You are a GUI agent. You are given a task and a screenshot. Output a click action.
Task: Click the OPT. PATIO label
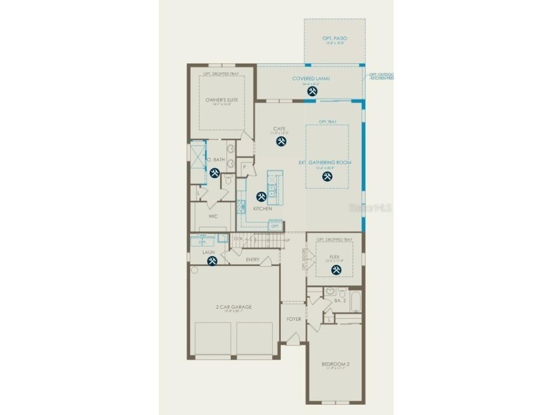click(x=334, y=38)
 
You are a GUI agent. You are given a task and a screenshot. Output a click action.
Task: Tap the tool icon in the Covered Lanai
click(x=312, y=91)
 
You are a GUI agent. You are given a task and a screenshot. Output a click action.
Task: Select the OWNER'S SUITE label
click(x=221, y=100)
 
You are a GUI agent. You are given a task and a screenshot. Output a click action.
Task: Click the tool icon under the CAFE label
click(x=281, y=141)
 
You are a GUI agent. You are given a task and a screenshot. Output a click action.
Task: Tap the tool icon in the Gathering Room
click(x=327, y=176)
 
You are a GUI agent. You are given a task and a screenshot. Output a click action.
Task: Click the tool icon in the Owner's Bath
click(x=214, y=173)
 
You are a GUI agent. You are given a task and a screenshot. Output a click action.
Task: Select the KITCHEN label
click(x=262, y=209)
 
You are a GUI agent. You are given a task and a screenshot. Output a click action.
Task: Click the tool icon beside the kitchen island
click(x=261, y=197)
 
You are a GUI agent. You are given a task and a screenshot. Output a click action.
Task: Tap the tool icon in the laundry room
click(x=212, y=261)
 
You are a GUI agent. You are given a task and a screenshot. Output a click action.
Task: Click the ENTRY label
click(x=252, y=260)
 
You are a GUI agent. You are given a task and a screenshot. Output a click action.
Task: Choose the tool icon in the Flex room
click(x=335, y=269)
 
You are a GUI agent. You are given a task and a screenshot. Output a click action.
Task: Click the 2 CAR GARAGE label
click(x=233, y=307)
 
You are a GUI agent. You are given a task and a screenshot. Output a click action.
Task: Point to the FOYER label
click(x=293, y=319)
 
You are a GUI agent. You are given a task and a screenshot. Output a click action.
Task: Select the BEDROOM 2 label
click(x=335, y=365)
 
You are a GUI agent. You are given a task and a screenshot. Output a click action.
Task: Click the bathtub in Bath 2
click(x=355, y=303)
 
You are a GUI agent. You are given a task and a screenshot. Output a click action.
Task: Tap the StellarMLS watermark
click(x=370, y=207)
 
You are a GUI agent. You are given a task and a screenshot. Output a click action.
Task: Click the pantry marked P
click(x=245, y=168)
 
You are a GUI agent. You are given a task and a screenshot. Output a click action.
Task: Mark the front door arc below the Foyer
click(x=292, y=339)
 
